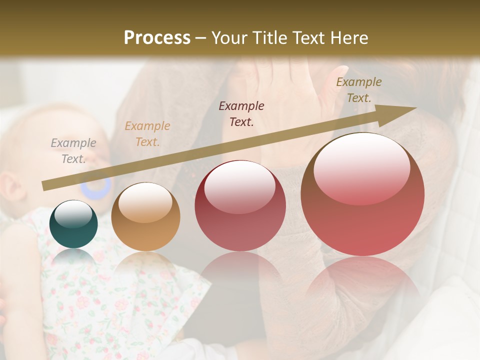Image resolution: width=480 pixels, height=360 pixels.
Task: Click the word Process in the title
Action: click(157, 38)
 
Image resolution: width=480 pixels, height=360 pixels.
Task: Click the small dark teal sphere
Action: click(74, 224)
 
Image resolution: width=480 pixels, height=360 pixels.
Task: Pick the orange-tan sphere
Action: click(145, 217)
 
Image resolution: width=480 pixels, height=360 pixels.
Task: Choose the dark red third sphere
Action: click(240, 206)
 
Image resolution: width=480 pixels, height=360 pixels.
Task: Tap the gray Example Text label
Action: click(73, 151)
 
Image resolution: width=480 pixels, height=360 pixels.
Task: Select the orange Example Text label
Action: click(147, 134)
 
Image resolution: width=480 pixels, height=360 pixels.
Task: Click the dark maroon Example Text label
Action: click(241, 113)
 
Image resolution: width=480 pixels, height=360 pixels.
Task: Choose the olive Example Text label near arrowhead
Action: click(358, 90)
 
